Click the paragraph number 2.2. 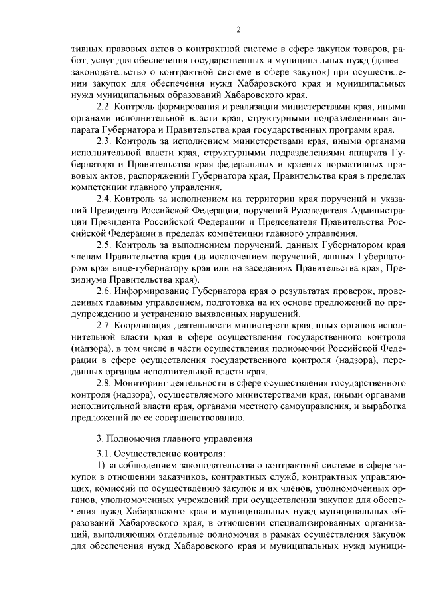coord(105,107)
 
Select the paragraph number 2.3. coord(105,142)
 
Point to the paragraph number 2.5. coord(105,245)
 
